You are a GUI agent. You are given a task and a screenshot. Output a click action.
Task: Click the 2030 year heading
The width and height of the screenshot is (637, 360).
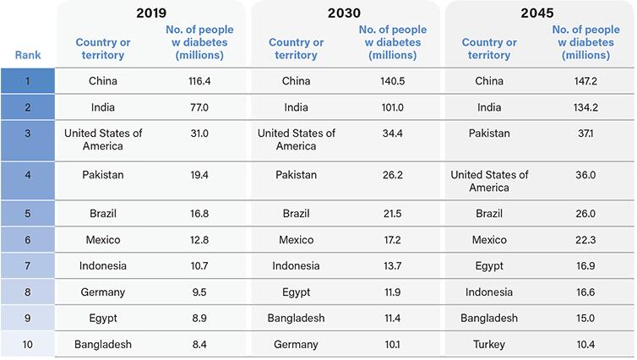coord(344,13)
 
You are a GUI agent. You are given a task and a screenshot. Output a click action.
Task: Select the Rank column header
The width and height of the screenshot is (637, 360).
coord(28,55)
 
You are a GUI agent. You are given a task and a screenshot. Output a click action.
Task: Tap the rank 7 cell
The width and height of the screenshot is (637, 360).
coord(28,265)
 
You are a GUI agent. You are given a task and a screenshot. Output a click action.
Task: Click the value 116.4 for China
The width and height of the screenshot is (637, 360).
coord(199,81)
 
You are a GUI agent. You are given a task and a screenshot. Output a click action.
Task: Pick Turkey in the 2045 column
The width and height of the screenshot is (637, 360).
coord(489,345)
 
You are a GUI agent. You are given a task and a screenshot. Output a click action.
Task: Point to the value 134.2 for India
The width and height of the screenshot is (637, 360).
coord(585,107)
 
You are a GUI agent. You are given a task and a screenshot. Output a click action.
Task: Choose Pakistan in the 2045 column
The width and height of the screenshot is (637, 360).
coord(489,134)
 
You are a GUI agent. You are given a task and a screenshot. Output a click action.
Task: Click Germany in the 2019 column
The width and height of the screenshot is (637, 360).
coord(103,292)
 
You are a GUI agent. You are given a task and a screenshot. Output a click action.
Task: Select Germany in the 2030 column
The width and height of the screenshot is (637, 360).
coord(296,345)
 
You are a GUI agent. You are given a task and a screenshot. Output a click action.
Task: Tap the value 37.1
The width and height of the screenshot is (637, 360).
coord(585,134)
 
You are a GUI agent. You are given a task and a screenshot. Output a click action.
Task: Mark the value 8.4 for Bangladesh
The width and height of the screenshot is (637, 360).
coord(199,345)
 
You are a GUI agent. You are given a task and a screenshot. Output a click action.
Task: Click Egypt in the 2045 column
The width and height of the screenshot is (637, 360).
coord(489,266)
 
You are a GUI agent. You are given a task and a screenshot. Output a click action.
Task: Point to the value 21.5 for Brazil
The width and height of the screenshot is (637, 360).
coord(393,214)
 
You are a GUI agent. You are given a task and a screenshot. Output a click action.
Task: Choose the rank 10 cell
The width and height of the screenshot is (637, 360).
coord(28,345)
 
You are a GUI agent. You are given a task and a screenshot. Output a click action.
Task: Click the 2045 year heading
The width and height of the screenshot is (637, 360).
coord(537,13)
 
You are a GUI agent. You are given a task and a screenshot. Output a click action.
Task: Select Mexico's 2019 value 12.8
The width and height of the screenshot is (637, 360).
coord(199,240)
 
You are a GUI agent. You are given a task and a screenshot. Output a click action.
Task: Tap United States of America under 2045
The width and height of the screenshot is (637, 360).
coord(489,181)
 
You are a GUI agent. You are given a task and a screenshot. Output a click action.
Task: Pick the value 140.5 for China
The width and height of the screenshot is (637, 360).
coord(393,81)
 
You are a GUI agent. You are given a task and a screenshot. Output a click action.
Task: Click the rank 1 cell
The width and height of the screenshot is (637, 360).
coord(28,81)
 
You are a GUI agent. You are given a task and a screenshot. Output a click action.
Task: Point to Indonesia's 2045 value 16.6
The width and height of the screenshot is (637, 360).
coord(585,292)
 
